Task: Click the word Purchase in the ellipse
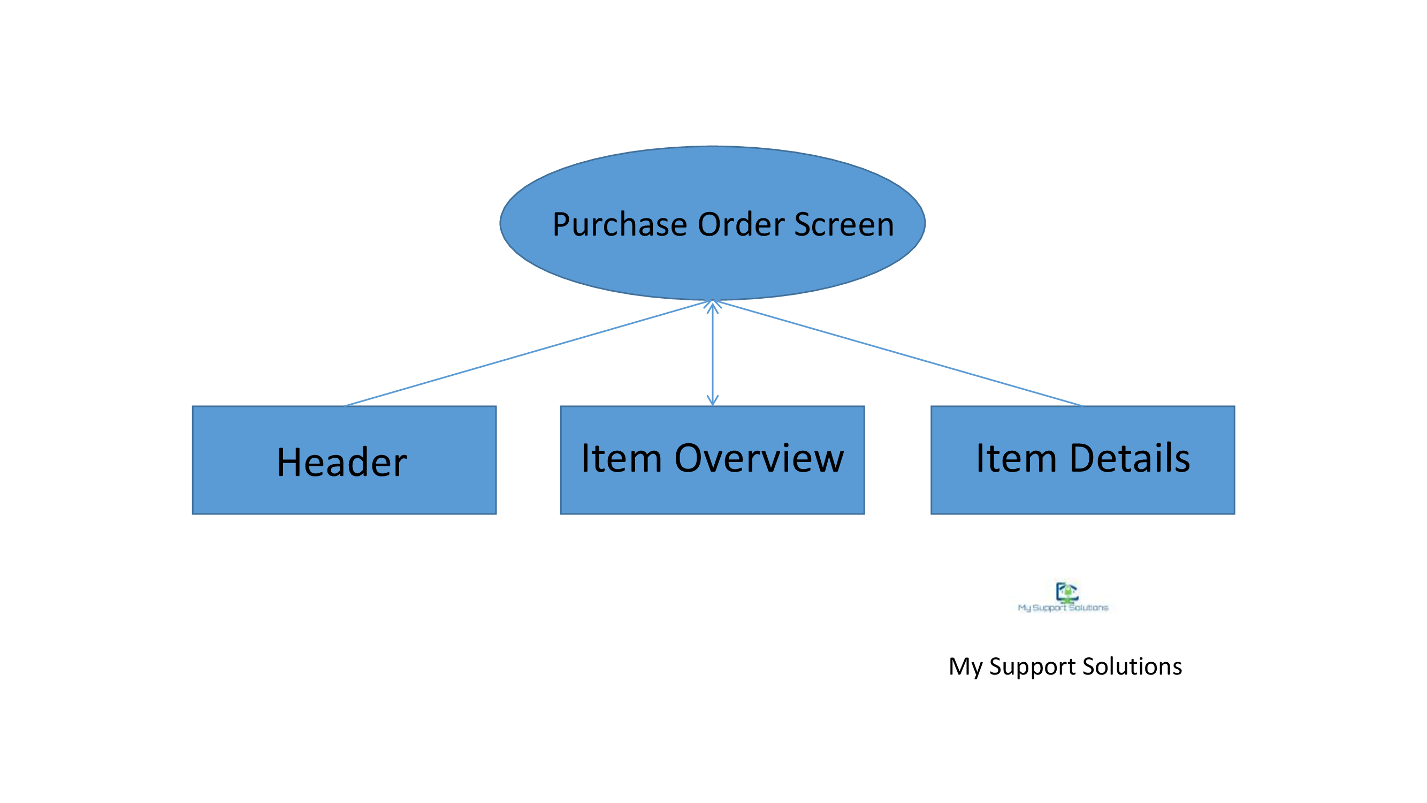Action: pyautogui.click(x=619, y=224)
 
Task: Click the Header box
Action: pyautogui.click(x=344, y=460)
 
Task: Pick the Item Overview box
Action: pyautogui.click(x=712, y=460)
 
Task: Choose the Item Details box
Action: pyautogui.click(x=1082, y=460)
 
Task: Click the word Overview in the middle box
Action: pyautogui.click(x=759, y=458)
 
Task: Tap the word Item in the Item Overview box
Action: pyautogui.click(x=622, y=458)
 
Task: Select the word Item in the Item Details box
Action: pyautogui.click(x=1017, y=458)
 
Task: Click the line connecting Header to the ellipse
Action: pyautogui.click(x=526, y=353)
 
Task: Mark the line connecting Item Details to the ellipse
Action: pyautogui.click(x=898, y=353)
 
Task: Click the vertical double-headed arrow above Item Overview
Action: pyautogui.click(x=712, y=353)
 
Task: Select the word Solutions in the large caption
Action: pyautogui.click(x=1132, y=665)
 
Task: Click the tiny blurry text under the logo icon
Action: pyautogui.click(x=1063, y=608)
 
